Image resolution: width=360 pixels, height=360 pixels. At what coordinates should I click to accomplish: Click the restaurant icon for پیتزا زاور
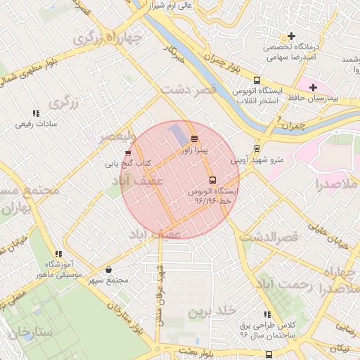(x=194, y=138)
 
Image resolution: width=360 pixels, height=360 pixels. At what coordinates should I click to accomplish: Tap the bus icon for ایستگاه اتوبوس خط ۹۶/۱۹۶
(x=212, y=180)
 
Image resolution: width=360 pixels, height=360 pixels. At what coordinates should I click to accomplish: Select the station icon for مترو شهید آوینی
(x=257, y=148)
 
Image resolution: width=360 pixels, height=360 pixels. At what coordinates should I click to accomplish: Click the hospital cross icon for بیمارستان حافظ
(x=313, y=86)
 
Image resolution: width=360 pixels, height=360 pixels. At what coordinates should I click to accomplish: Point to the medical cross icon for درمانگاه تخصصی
(x=290, y=37)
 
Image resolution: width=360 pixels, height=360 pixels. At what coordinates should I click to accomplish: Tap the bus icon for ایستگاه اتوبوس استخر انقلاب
(x=257, y=80)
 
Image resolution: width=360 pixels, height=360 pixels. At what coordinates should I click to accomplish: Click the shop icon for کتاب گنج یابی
(x=127, y=153)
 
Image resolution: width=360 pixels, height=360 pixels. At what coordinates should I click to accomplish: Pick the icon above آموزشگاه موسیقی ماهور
(x=59, y=254)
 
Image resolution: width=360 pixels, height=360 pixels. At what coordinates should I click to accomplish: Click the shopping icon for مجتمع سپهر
(x=108, y=269)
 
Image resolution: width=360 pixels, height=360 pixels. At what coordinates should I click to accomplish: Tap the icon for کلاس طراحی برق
(x=267, y=314)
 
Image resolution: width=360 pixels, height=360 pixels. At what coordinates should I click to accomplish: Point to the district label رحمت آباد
(x=281, y=284)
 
